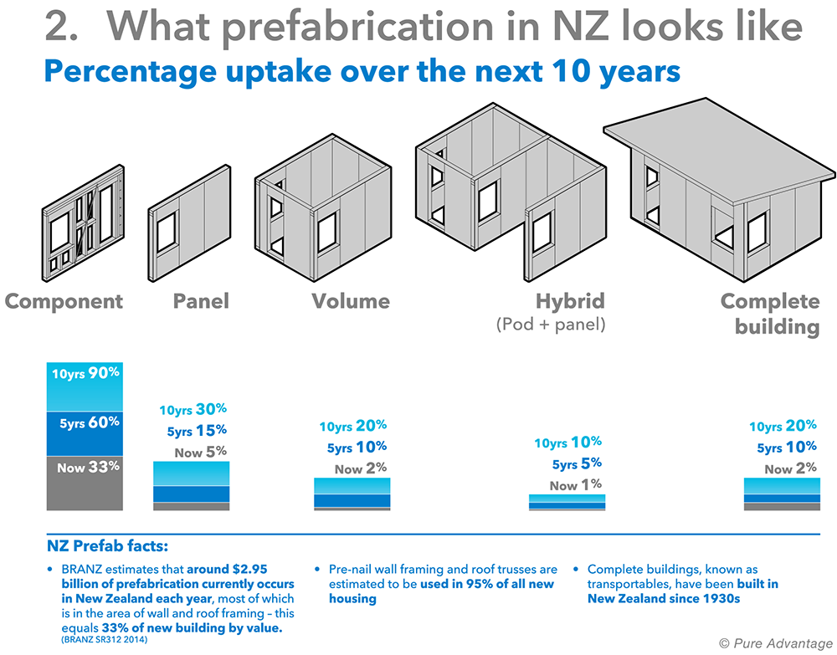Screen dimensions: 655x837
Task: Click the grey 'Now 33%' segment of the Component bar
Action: [85, 483]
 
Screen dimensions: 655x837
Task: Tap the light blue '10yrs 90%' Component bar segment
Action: [85, 387]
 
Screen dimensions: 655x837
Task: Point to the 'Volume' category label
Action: [350, 301]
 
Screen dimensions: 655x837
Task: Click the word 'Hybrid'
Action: [570, 301]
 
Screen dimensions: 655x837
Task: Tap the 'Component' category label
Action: [64, 301]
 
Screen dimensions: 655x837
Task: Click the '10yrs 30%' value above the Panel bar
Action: [193, 410]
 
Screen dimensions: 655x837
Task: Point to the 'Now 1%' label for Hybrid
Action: [575, 484]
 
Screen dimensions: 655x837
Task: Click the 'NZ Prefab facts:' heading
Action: [108, 547]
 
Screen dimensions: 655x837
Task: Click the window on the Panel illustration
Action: [166, 229]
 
